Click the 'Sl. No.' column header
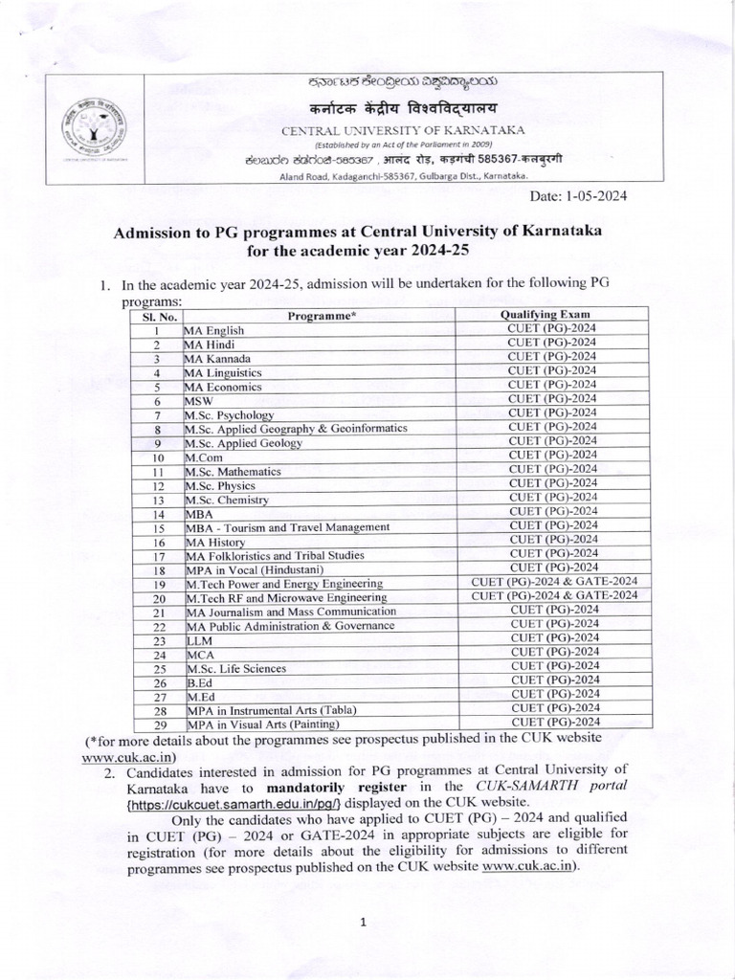(154, 315)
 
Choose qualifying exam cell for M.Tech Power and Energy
(554, 582)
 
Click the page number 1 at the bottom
(365, 922)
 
